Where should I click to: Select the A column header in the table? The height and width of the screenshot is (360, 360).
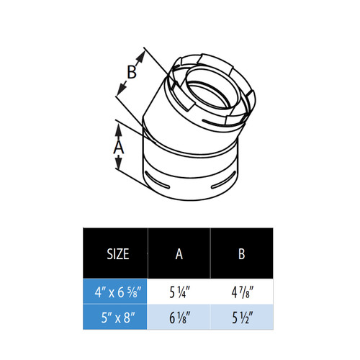[179, 253]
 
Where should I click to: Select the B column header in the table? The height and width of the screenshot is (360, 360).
[241, 253]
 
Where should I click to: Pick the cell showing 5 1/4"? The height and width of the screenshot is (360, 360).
[179, 292]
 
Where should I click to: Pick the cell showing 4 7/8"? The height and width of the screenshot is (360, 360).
[241, 292]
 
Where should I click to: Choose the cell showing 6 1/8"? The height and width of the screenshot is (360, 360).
[179, 316]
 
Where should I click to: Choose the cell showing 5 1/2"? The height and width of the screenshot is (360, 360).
[241, 316]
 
